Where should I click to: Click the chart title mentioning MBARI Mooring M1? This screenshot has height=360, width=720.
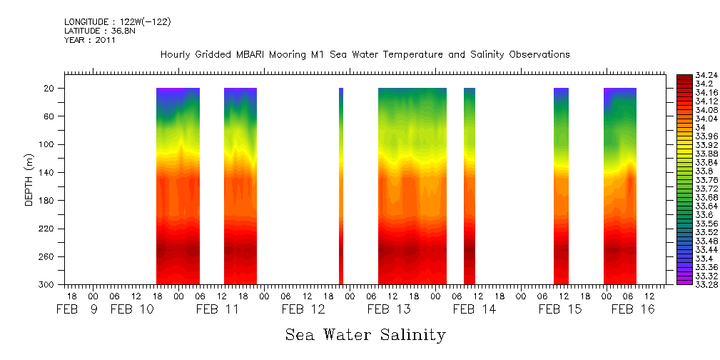click(x=365, y=55)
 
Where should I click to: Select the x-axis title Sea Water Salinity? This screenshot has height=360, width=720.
click(x=365, y=335)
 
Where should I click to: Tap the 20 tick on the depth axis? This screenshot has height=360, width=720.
click(x=51, y=88)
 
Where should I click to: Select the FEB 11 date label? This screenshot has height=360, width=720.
click(x=218, y=309)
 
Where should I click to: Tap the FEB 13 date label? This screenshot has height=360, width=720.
click(x=389, y=309)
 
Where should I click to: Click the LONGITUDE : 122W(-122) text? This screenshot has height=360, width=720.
click(x=117, y=21)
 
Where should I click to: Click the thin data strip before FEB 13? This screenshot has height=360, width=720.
click(x=341, y=186)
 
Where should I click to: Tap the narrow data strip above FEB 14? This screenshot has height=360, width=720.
click(x=470, y=186)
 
